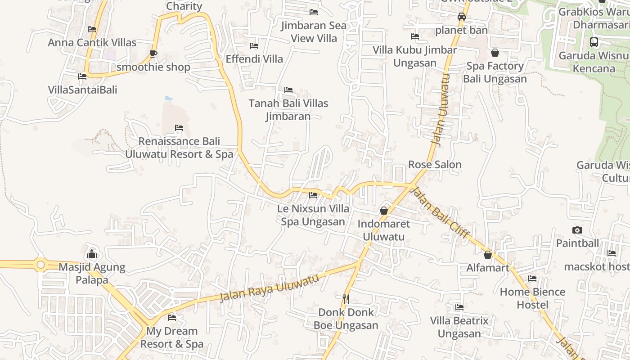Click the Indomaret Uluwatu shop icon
384,210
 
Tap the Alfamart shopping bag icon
487,255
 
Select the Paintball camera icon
577,230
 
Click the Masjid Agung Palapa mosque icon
92,253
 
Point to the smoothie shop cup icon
153,54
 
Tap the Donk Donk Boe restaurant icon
346,298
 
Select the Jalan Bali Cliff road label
441,213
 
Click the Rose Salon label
435,165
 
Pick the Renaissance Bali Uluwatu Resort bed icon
179,128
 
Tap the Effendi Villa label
254,59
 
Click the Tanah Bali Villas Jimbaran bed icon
288,90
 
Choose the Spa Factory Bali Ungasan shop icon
495,53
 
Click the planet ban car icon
461,17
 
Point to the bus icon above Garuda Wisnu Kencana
594,42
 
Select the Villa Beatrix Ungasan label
459,327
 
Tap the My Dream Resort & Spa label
172,337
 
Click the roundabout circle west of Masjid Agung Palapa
41,265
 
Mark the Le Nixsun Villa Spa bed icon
313,195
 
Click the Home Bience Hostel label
532,298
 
